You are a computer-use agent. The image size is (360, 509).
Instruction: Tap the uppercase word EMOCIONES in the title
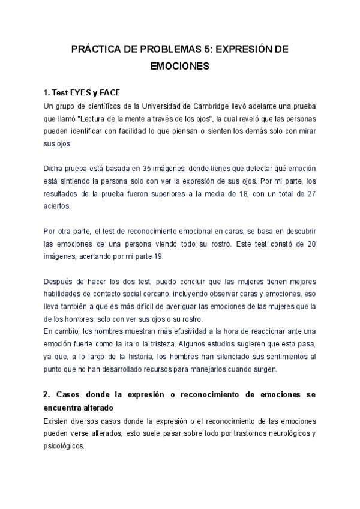point(179,67)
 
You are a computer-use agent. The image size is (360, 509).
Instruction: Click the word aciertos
point(57,206)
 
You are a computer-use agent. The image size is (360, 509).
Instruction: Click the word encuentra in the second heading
point(66,408)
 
